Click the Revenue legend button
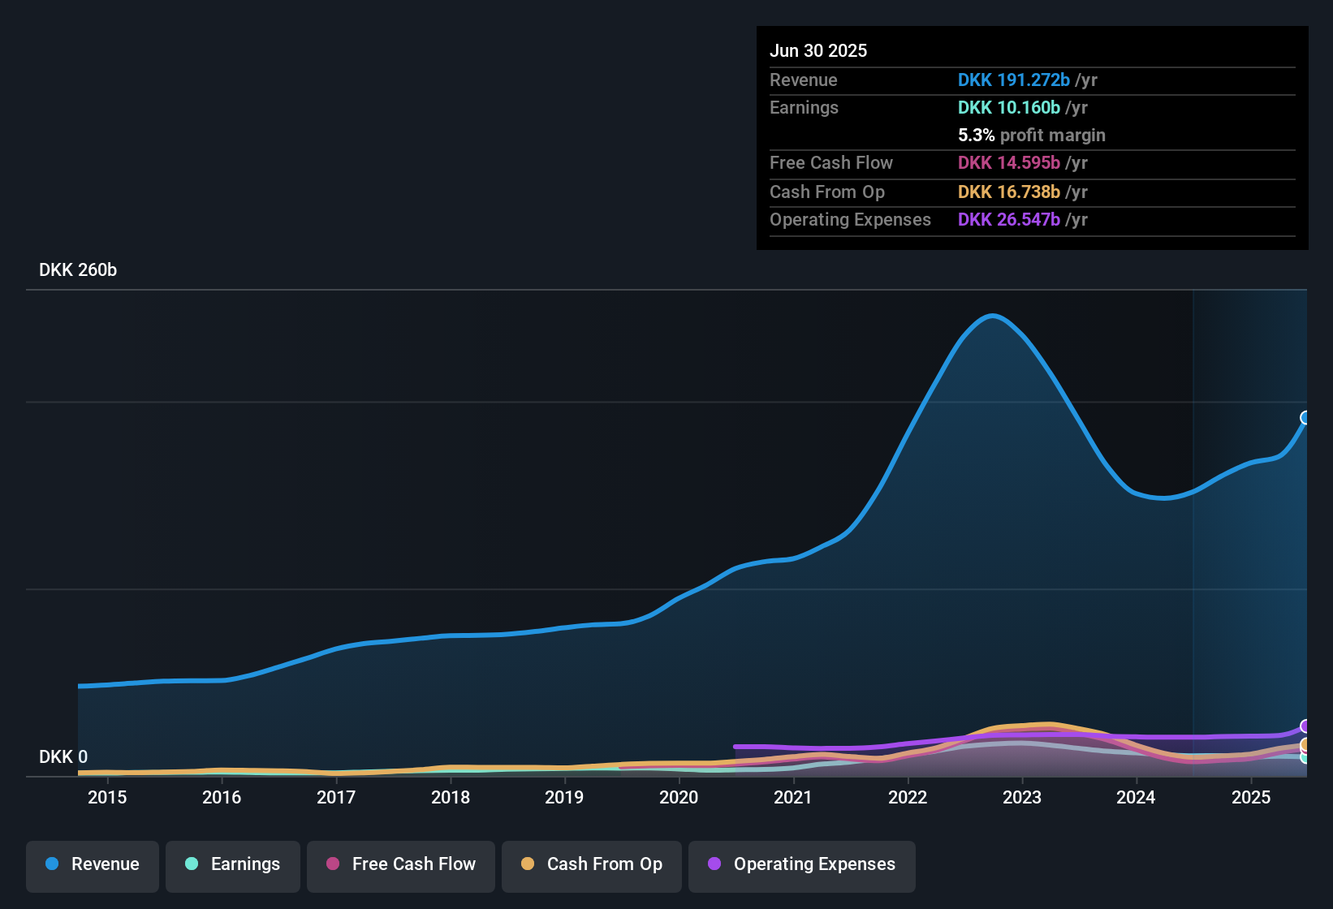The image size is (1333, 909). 93,864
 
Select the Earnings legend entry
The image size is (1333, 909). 233,864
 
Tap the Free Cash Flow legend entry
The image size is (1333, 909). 401,864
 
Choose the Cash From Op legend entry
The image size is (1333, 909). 592,864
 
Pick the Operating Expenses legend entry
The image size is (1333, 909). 802,864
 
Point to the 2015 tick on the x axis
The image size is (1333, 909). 107,797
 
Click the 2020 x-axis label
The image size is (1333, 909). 679,797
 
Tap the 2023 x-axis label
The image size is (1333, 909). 1022,797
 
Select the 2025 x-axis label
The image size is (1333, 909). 1251,797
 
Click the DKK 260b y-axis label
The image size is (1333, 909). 78,270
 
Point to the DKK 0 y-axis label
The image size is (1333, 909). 63,757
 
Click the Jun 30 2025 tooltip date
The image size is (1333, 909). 818,51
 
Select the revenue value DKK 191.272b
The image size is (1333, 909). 1013,80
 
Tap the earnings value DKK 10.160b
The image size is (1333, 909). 1008,108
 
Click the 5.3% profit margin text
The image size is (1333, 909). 1031,136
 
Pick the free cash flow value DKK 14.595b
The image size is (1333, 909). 1008,163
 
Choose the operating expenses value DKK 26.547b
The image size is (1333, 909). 1008,220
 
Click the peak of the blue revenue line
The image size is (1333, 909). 992,316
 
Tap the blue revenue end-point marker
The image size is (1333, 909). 1305,418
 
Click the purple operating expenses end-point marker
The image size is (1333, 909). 1305,726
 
